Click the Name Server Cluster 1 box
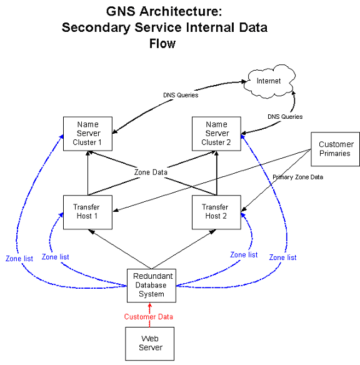[87, 134]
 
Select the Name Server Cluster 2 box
[216, 134]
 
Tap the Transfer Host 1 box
[87, 212]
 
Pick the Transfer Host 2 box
[216, 212]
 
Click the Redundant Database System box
[151, 286]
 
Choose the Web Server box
[149, 344]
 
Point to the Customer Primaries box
[336, 149]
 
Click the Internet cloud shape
[269, 81]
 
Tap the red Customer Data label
[149, 317]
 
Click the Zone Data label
[151, 172]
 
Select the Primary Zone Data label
[298, 177]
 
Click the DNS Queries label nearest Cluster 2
[285, 117]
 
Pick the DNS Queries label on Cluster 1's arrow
[181, 95]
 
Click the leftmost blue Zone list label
[19, 258]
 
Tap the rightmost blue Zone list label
[282, 257]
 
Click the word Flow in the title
[162, 44]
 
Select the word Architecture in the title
[181, 11]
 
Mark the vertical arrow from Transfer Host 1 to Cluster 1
[87, 173]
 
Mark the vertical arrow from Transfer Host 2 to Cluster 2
[217, 173]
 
